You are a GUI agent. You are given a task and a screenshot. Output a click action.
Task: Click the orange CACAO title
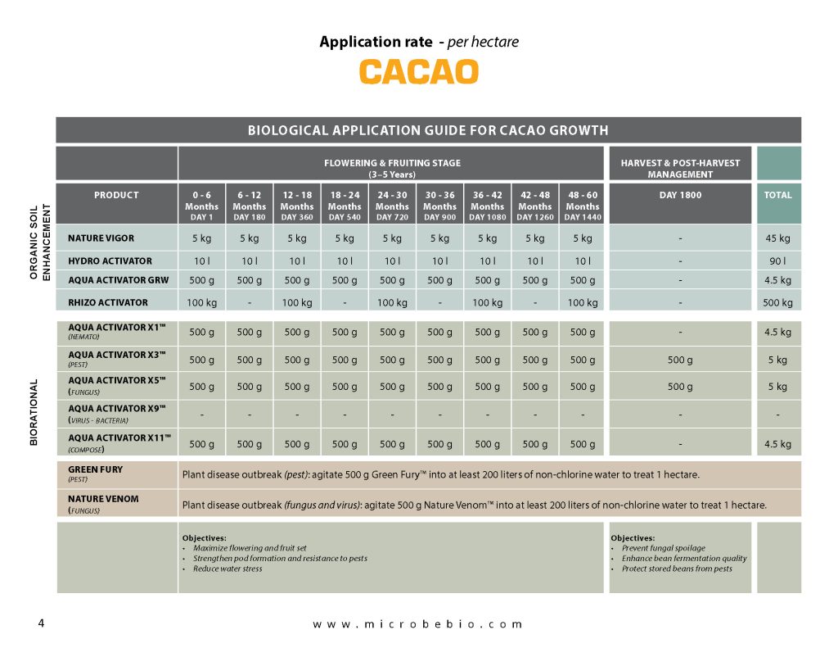(418, 71)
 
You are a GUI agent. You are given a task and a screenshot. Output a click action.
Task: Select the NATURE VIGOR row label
(101, 238)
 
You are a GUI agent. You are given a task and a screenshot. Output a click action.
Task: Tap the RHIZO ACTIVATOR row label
(108, 302)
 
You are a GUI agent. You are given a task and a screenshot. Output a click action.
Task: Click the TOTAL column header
(777, 195)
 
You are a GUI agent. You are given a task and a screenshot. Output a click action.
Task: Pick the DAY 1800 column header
(680, 195)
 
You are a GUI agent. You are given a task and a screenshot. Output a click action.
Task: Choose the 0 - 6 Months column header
(201, 206)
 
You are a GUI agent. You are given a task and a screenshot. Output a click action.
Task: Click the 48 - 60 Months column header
(582, 206)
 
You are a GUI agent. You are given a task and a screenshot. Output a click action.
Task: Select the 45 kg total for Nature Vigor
(777, 238)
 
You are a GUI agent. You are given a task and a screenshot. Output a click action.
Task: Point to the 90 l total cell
(777, 261)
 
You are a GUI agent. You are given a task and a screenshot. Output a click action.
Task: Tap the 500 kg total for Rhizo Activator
(777, 303)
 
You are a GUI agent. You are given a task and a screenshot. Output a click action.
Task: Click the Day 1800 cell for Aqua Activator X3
(680, 360)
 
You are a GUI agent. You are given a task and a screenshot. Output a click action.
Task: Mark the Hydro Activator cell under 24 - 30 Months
(392, 261)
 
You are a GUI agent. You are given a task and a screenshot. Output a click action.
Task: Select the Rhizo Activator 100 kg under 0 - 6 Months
(201, 303)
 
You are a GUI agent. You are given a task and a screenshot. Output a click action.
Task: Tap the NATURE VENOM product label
(103, 498)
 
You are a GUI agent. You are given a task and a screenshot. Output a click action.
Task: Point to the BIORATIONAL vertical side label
(34, 412)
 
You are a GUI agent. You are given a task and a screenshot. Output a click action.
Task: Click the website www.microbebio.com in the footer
(417, 624)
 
